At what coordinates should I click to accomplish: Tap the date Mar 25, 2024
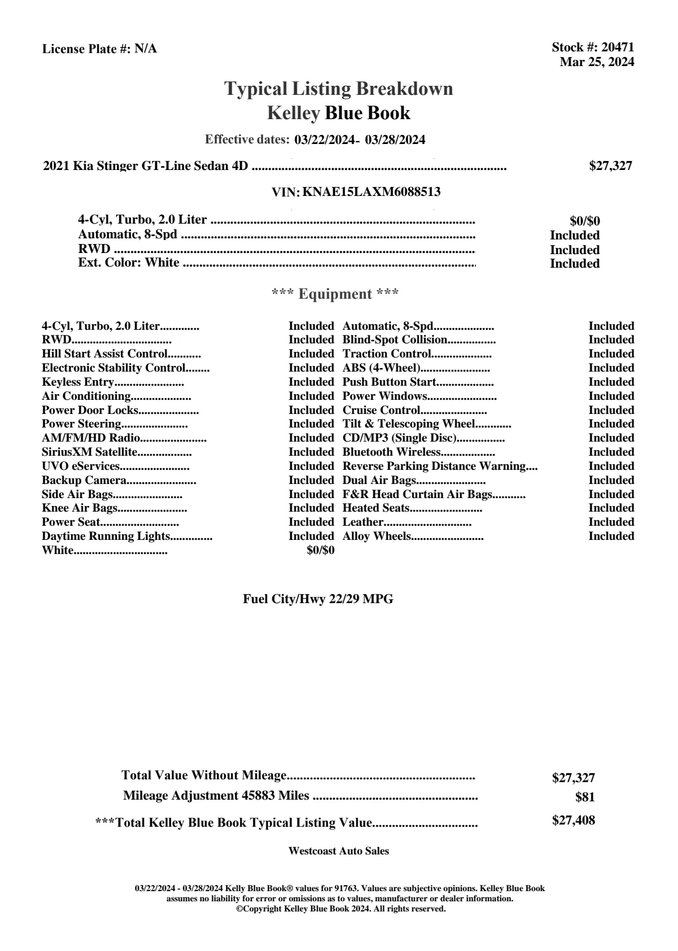597,62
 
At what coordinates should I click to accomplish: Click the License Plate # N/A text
99,49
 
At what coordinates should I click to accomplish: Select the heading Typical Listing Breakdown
339,89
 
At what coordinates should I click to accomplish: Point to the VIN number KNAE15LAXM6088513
371,192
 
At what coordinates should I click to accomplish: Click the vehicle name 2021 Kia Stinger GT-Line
146,166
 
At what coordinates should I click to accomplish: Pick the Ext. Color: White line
129,263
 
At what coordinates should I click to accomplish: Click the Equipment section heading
335,294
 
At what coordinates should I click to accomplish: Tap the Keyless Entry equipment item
78,382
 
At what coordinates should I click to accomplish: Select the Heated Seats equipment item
376,508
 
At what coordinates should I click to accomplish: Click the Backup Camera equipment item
84,481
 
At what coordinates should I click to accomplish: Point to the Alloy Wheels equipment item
377,536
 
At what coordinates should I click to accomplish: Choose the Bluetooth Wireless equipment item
391,452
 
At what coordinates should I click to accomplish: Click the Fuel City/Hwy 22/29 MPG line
318,599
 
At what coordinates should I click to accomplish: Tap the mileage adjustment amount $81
585,797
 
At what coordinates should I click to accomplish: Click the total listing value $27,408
573,821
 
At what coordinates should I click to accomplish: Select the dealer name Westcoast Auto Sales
339,851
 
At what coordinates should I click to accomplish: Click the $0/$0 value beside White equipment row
320,551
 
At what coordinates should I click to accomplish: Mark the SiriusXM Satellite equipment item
89,452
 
